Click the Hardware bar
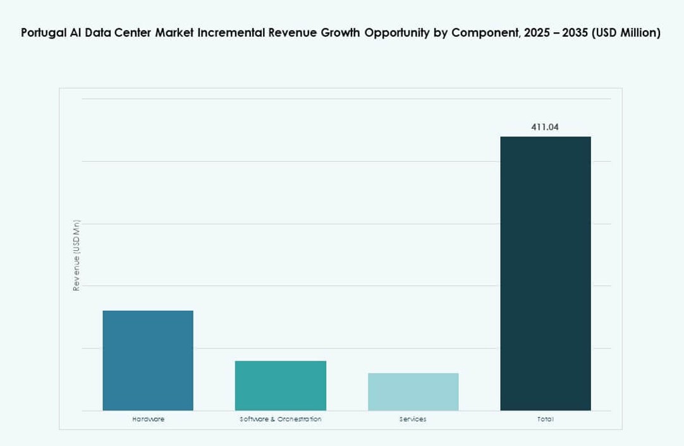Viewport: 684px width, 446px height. click(x=148, y=360)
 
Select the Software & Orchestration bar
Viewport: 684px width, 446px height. click(x=281, y=385)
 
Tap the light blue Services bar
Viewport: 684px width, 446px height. click(x=413, y=392)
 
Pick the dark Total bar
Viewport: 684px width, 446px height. click(x=546, y=274)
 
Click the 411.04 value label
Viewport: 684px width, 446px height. click(x=545, y=127)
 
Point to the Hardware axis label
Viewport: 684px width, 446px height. click(x=149, y=419)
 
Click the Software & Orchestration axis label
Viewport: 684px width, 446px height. click(x=281, y=419)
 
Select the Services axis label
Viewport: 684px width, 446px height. click(x=413, y=419)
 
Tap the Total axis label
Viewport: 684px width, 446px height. click(x=546, y=419)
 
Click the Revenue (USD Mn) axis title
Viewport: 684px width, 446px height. click(x=76, y=255)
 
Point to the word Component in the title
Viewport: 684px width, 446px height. click(x=482, y=33)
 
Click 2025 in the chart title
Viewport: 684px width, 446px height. click(x=537, y=33)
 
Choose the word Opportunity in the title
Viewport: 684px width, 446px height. click(x=399, y=33)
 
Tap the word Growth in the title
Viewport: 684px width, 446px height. click(x=339, y=33)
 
